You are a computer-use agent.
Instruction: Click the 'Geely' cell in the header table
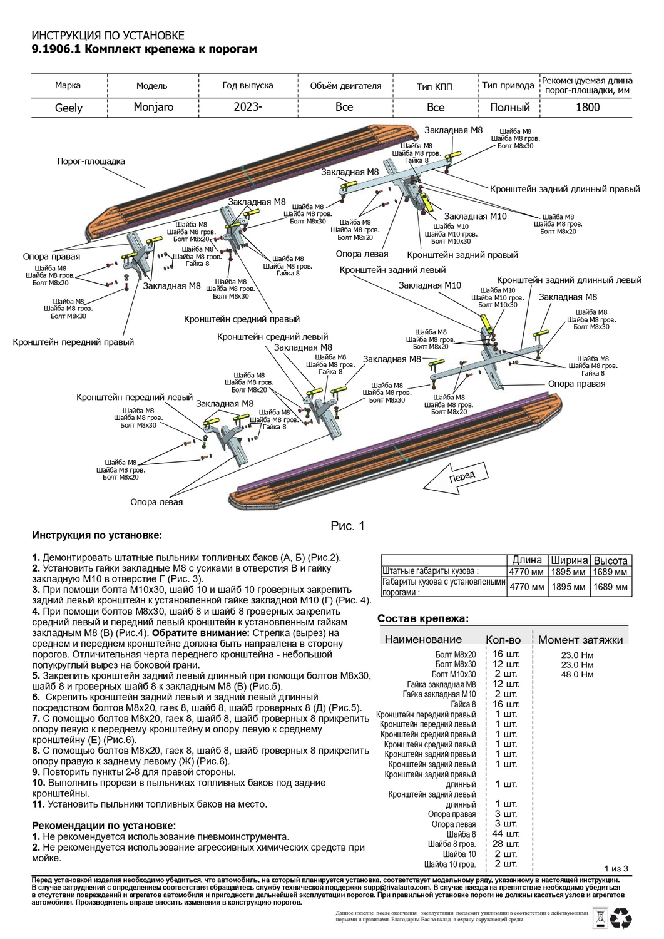tap(69, 108)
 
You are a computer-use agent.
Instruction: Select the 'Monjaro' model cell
tap(153, 107)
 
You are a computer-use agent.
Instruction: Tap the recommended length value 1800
tap(587, 107)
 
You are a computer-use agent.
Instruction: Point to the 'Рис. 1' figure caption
tap(347, 526)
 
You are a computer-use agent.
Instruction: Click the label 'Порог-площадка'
tap(91, 162)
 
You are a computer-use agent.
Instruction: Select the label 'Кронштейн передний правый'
tap(73, 342)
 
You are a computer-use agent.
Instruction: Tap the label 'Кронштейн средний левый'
tap(272, 337)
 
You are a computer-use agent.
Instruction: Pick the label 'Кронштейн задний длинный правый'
tap(564, 189)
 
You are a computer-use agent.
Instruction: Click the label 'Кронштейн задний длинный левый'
tap(569, 280)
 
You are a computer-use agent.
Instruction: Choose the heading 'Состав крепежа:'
tap(422, 618)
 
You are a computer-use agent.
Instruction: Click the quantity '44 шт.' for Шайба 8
tap(506, 834)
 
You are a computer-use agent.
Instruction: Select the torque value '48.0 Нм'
tap(577, 674)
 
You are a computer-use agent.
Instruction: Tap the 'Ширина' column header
tap(569, 561)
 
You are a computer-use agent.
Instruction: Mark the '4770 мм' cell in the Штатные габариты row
tap(526, 572)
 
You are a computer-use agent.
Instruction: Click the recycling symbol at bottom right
tap(621, 918)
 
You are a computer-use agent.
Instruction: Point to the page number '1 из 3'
tap(616, 868)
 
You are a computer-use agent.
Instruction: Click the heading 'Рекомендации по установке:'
tap(104, 826)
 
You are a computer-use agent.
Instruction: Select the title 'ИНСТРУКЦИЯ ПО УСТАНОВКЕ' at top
tap(108, 36)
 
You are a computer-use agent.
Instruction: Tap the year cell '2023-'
tap(248, 107)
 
